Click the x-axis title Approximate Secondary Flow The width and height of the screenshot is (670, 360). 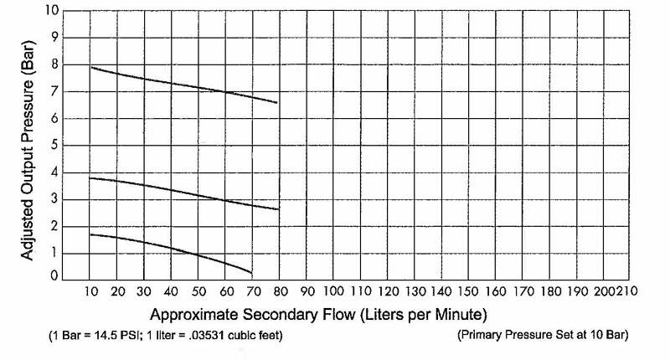coord(317,315)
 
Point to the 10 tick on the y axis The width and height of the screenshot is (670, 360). coord(52,12)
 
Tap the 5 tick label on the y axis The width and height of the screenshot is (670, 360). coord(55,144)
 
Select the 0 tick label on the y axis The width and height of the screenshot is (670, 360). coord(55,275)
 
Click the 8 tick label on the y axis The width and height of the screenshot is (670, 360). coord(55,64)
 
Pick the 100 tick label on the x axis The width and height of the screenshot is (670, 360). coord(333,292)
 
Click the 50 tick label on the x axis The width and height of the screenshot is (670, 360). coord(198,292)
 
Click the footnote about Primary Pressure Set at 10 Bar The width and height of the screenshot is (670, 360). coord(544,336)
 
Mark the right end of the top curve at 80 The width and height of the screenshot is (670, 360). coord(277,103)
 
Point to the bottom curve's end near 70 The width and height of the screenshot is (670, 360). coord(251,273)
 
